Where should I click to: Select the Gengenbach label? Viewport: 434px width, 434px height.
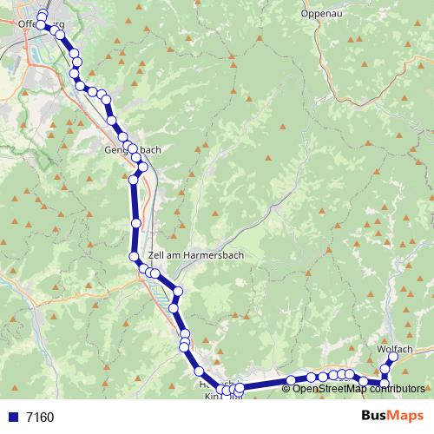(x=132, y=149)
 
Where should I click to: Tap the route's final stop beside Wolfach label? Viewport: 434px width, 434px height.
(x=393, y=357)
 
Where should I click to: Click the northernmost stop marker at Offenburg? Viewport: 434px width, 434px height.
(x=42, y=16)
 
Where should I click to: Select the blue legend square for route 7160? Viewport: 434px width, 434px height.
(x=12, y=417)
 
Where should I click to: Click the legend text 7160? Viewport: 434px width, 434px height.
(x=40, y=417)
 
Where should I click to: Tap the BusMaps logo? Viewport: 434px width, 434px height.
(x=391, y=416)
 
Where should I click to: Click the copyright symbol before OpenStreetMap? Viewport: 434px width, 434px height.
(x=287, y=389)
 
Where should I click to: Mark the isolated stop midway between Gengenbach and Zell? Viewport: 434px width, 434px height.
(x=136, y=224)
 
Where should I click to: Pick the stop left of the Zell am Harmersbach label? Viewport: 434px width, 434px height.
(x=135, y=256)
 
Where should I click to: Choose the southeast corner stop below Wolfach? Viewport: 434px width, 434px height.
(x=385, y=383)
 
